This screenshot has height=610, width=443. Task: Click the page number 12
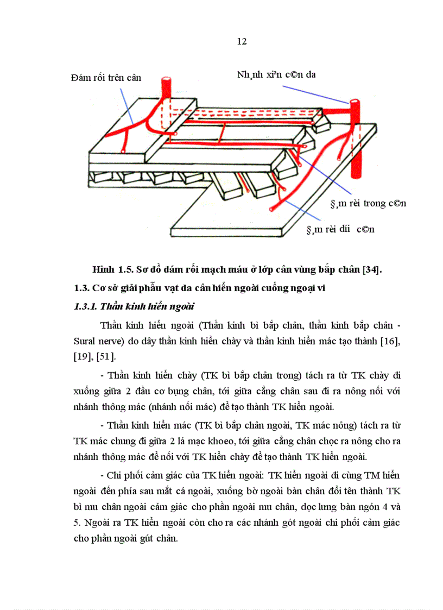coord(242,42)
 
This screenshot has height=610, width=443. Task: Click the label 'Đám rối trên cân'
coord(106,78)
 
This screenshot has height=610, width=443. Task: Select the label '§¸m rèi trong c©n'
coord(368,204)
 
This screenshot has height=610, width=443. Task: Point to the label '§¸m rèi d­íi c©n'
coord(340,230)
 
